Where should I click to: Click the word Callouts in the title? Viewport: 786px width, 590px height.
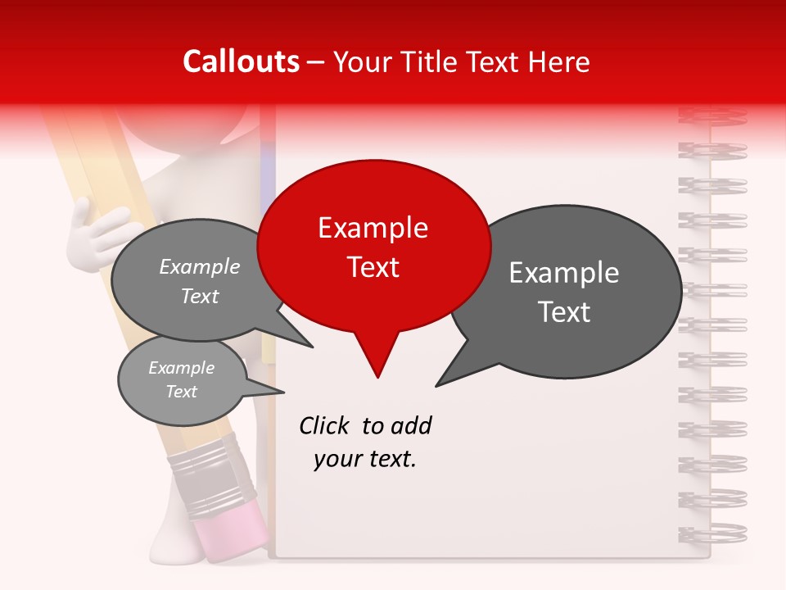point(241,61)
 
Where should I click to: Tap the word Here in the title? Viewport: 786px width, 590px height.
point(559,61)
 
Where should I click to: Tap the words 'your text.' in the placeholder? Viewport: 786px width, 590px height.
point(365,459)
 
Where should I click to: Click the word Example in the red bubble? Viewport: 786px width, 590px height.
point(373,228)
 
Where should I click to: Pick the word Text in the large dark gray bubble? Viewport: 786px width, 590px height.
point(564,311)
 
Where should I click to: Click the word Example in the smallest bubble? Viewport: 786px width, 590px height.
point(182,368)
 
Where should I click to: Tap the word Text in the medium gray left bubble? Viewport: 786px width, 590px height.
point(200,296)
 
